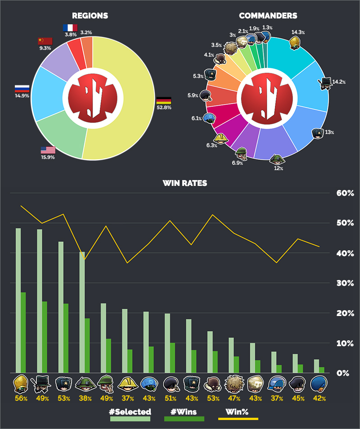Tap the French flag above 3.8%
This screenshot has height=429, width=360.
click(70, 27)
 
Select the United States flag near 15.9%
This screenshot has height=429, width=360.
click(48, 150)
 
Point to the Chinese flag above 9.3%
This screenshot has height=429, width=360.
click(45, 41)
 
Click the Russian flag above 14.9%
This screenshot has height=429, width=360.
click(22, 88)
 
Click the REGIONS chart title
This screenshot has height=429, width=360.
click(93, 16)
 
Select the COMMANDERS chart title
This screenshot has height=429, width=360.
click(268, 16)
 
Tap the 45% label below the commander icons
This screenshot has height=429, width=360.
click(297, 398)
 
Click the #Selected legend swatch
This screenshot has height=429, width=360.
click(130, 419)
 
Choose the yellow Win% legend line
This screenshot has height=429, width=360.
click(238, 419)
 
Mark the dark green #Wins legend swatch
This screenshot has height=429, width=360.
click(184, 419)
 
